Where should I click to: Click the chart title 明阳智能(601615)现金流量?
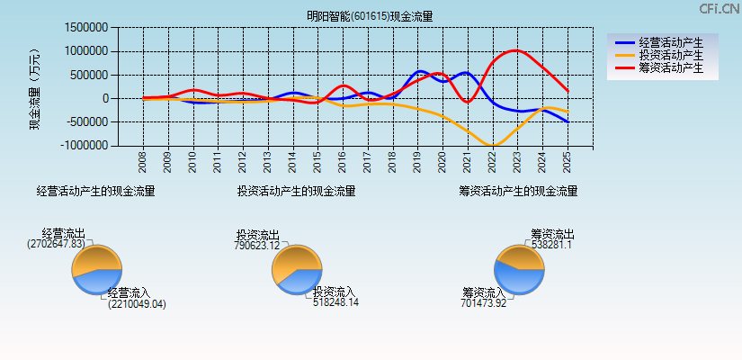(370, 16)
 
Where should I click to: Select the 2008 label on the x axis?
(143, 162)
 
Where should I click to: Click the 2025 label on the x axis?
(567, 162)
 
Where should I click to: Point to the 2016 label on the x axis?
(343, 162)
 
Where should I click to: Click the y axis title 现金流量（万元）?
(36, 88)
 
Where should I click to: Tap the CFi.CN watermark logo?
(719, 9)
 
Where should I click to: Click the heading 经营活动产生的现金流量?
(95, 191)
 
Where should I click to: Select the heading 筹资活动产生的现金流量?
(518, 191)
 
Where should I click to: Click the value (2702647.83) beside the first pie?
(57, 244)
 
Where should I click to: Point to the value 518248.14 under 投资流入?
(336, 303)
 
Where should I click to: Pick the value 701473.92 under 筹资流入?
(484, 303)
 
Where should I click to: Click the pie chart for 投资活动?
(296, 268)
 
